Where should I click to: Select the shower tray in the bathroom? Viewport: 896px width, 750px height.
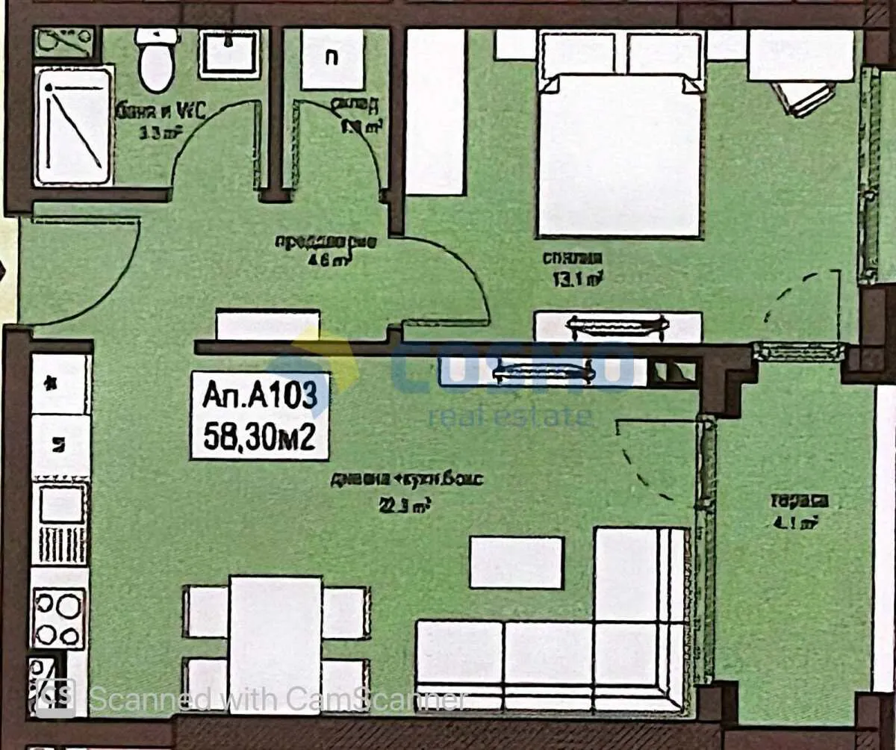point(73,125)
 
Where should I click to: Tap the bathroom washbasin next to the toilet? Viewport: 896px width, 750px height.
point(228,53)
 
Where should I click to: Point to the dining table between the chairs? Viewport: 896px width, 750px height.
point(276,644)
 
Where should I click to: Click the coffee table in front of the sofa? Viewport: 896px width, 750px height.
point(516,562)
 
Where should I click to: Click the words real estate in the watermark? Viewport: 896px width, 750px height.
point(510,416)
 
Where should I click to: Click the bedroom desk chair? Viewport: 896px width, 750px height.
point(803,97)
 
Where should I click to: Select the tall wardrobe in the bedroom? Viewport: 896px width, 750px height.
point(435,112)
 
